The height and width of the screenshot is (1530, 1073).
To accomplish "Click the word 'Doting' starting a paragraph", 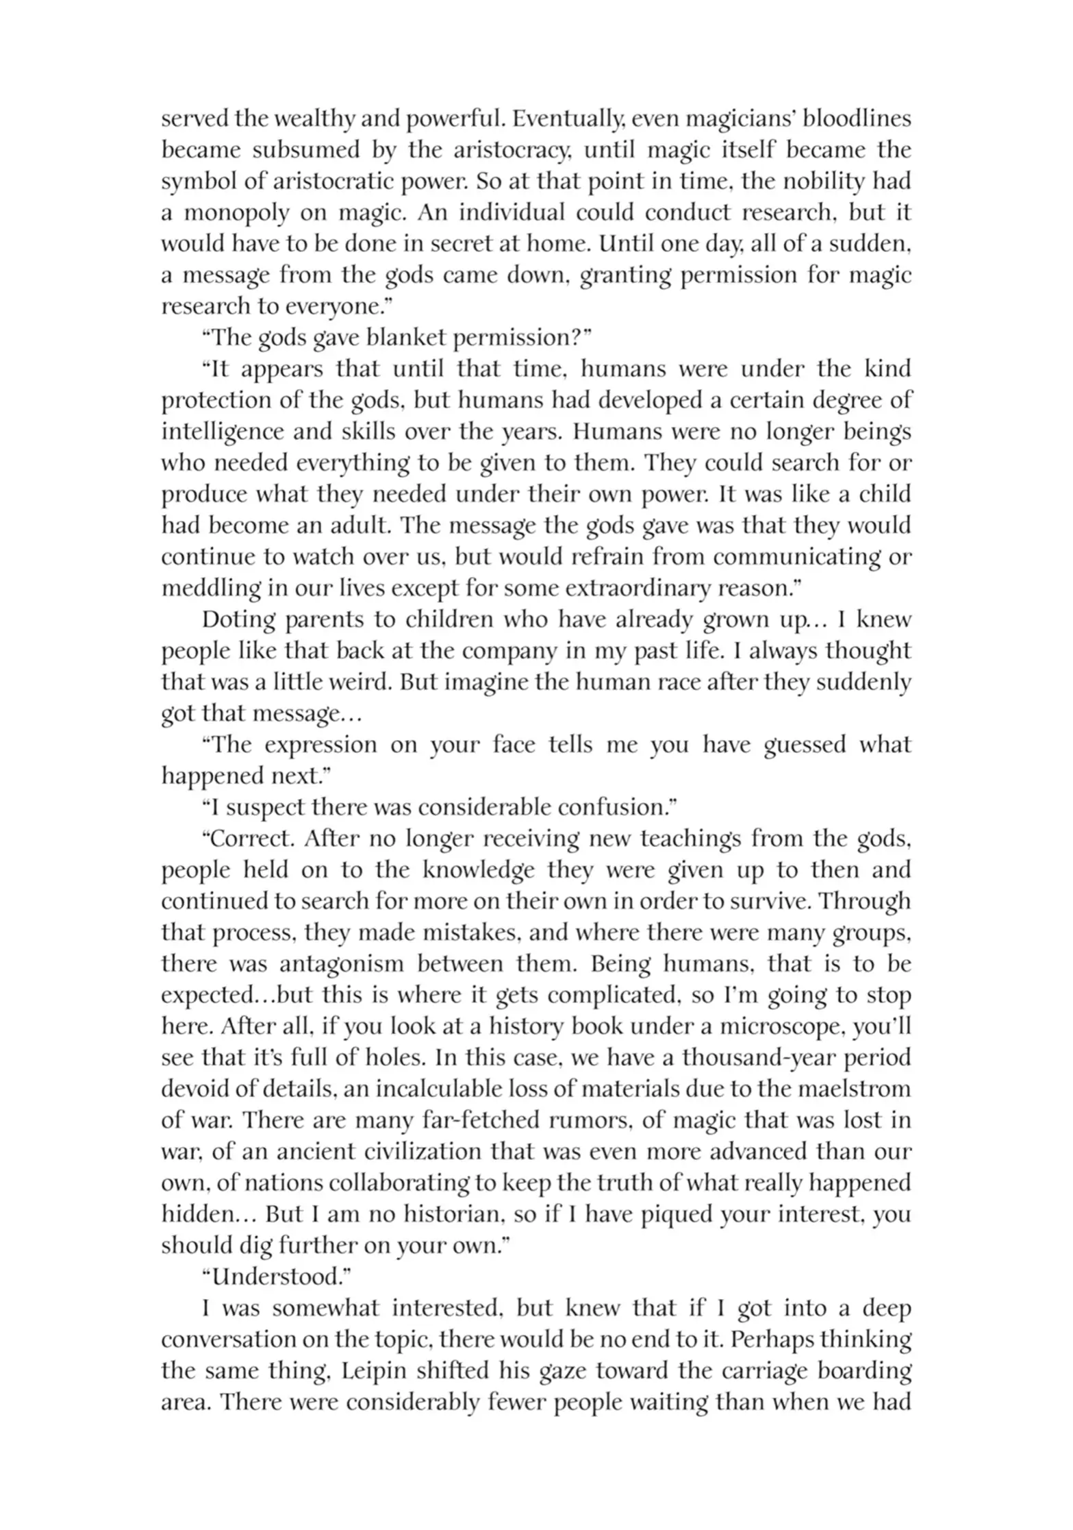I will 236,619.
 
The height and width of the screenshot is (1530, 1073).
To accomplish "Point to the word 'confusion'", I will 614,808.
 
